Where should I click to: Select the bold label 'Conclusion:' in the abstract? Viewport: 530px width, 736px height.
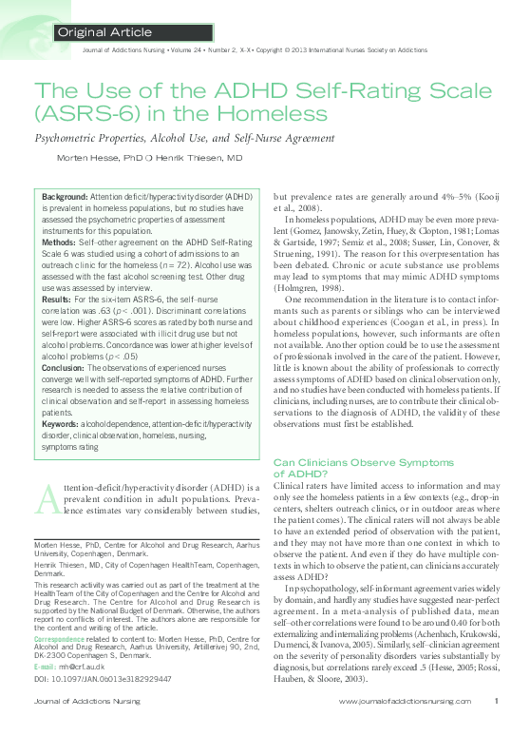66,366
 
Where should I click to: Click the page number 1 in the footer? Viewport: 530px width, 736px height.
497,727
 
